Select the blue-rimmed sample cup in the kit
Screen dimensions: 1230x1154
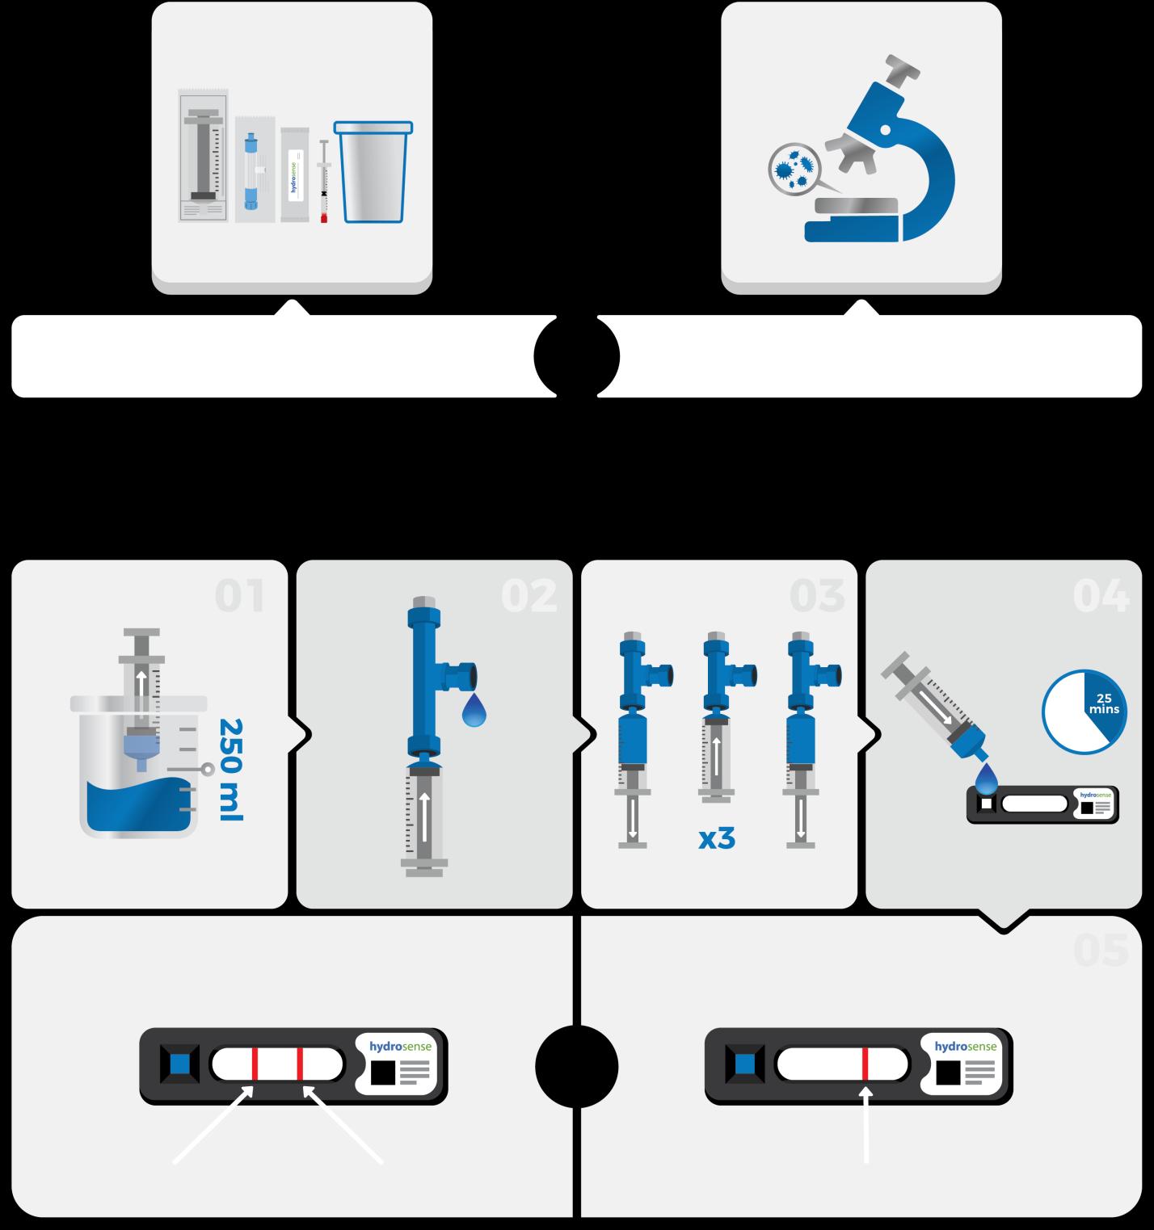pyautogui.click(x=373, y=171)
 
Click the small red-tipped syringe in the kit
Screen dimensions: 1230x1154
pyautogui.click(x=324, y=181)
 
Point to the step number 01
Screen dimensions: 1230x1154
pyautogui.click(x=240, y=597)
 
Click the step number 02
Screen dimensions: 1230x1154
pyautogui.click(x=529, y=597)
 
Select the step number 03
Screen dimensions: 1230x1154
pyautogui.click(x=817, y=597)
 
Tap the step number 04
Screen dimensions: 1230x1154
pyautogui.click(x=1101, y=597)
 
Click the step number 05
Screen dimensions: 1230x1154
pyautogui.click(x=1101, y=950)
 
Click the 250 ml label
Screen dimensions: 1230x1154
pyautogui.click(x=231, y=770)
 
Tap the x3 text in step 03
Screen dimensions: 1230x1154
pyautogui.click(x=717, y=839)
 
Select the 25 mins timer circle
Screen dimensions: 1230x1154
pyautogui.click(x=1083, y=711)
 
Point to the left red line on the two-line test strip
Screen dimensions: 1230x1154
pyautogui.click(x=255, y=1064)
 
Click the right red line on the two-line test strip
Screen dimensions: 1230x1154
pyautogui.click(x=300, y=1064)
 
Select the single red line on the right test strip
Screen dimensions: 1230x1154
pyautogui.click(x=865, y=1064)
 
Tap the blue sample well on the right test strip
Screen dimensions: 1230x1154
pyautogui.click(x=745, y=1064)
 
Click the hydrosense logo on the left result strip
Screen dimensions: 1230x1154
pyautogui.click(x=400, y=1047)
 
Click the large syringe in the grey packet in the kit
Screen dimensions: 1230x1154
pyautogui.click(x=203, y=155)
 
